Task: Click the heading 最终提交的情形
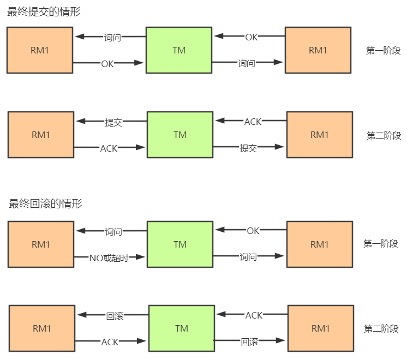[44, 11]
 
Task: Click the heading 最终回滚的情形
[45, 204]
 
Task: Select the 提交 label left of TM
[113, 122]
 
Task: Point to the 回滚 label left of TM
[115, 316]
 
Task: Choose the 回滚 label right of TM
[249, 342]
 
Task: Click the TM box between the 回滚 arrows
[182, 328]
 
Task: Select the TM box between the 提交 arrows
[180, 135]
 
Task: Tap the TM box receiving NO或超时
[180, 244]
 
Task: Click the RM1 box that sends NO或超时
[41, 244]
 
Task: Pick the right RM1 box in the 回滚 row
[321, 328]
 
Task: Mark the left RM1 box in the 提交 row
[41, 135]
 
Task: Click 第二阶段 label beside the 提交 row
[384, 136]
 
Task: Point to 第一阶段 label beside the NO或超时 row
[381, 244]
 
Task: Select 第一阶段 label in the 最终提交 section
[383, 51]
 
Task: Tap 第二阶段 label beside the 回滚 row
[381, 329]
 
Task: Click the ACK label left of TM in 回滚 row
[110, 342]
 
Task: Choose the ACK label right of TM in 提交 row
[253, 122]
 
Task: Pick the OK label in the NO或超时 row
[253, 231]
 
